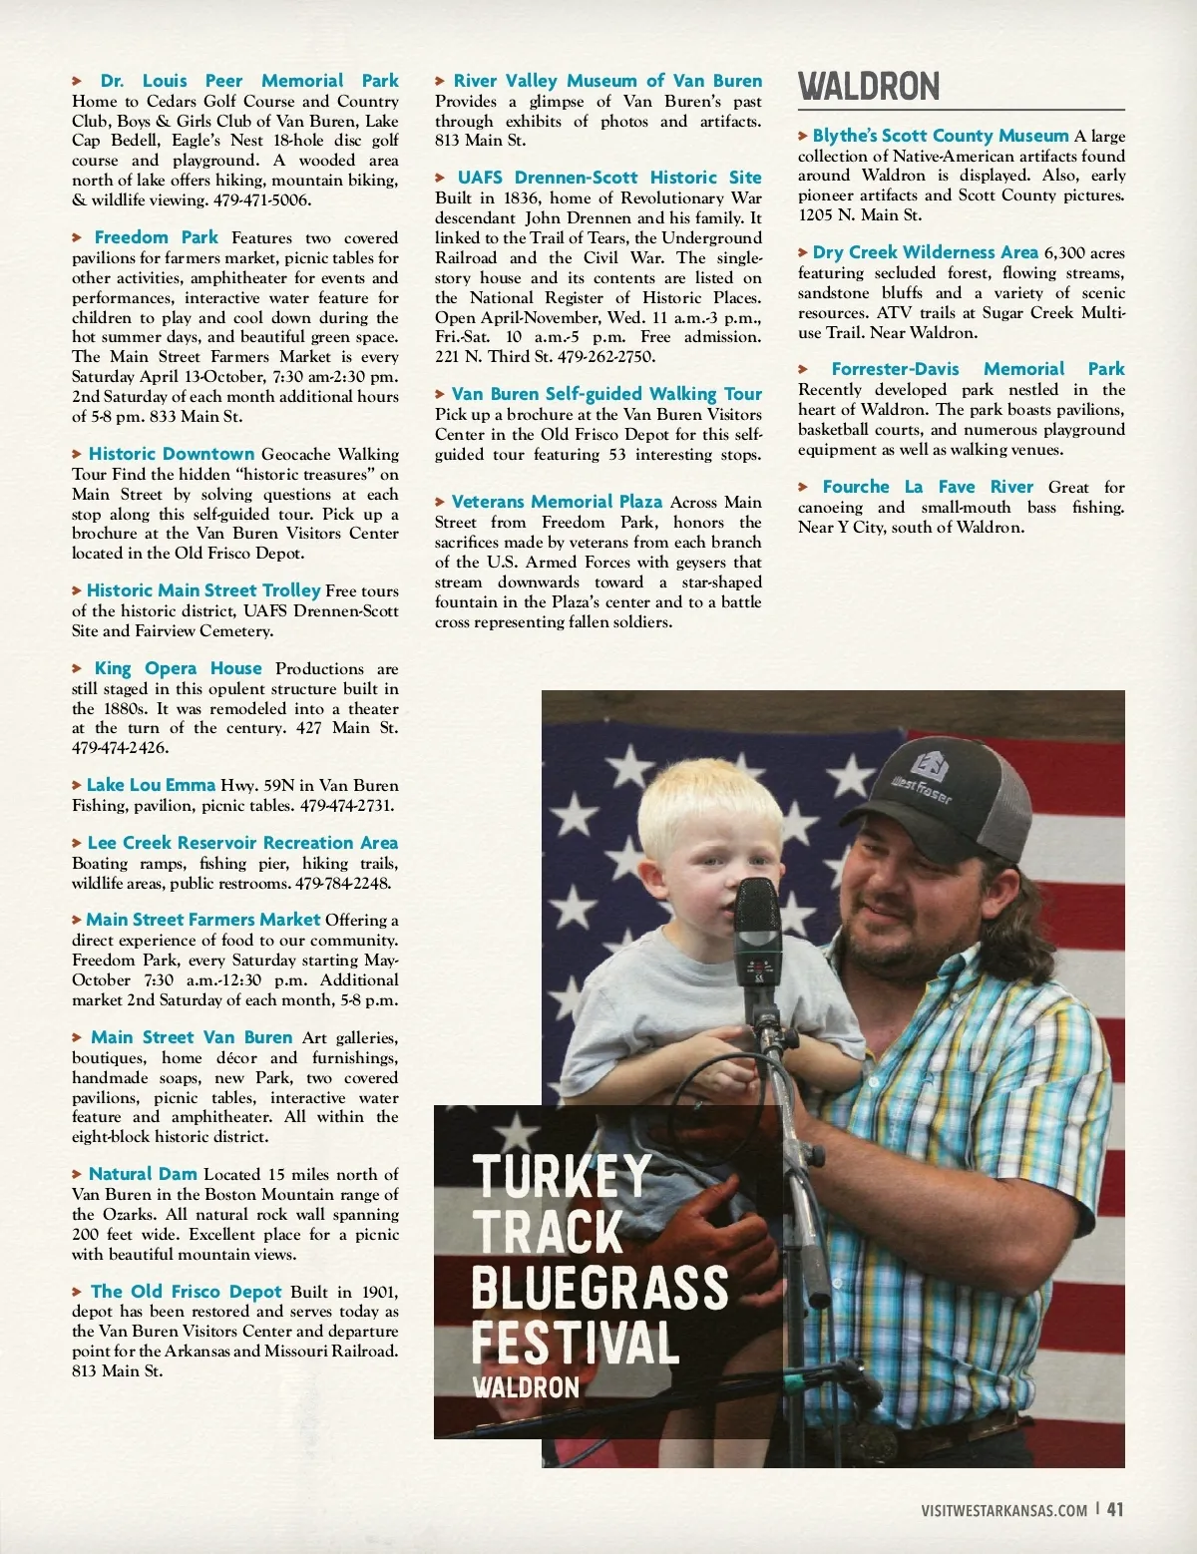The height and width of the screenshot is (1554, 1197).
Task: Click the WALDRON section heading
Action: pyautogui.click(x=869, y=87)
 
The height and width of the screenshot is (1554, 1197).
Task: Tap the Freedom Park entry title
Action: pyautogui.click(x=156, y=237)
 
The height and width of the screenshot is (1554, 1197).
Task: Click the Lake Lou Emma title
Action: pyautogui.click(x=151, y=785)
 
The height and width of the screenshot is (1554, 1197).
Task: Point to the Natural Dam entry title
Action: pyautogui.click(x=143, y=1174)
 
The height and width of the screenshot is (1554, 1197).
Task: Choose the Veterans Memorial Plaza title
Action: pyautogui.click(x=557, y=502)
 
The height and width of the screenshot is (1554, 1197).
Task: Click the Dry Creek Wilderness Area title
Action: pyautogui.click(x=925, y=252)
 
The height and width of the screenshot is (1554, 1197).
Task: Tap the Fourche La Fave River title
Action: pyautogui.click(x=927, y=487)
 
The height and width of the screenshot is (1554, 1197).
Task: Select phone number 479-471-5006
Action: pyautogui.click(x=262, y=199)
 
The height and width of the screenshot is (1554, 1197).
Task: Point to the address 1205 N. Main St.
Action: pyautogui.click(x=860, y=214)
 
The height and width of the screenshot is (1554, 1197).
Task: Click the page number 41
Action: pyautogui.click(x=1115, y=1509)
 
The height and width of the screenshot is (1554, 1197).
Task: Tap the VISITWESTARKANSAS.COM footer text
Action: pyautogui.click(x=1004, y=1510)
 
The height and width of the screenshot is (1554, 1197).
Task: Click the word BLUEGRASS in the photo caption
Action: pyautogui.click(x=599, y=1287)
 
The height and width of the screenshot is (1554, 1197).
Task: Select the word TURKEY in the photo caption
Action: pyautogui.click(x=562, y=1176)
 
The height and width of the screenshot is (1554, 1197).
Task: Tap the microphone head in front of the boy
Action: pyautogui.click(x=756, y=909)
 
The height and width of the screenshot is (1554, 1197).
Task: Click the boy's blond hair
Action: pyautogui.click(x=698, y=799)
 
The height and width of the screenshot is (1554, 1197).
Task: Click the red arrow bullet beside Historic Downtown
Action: pyautogui.click(x=77, y=454)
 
